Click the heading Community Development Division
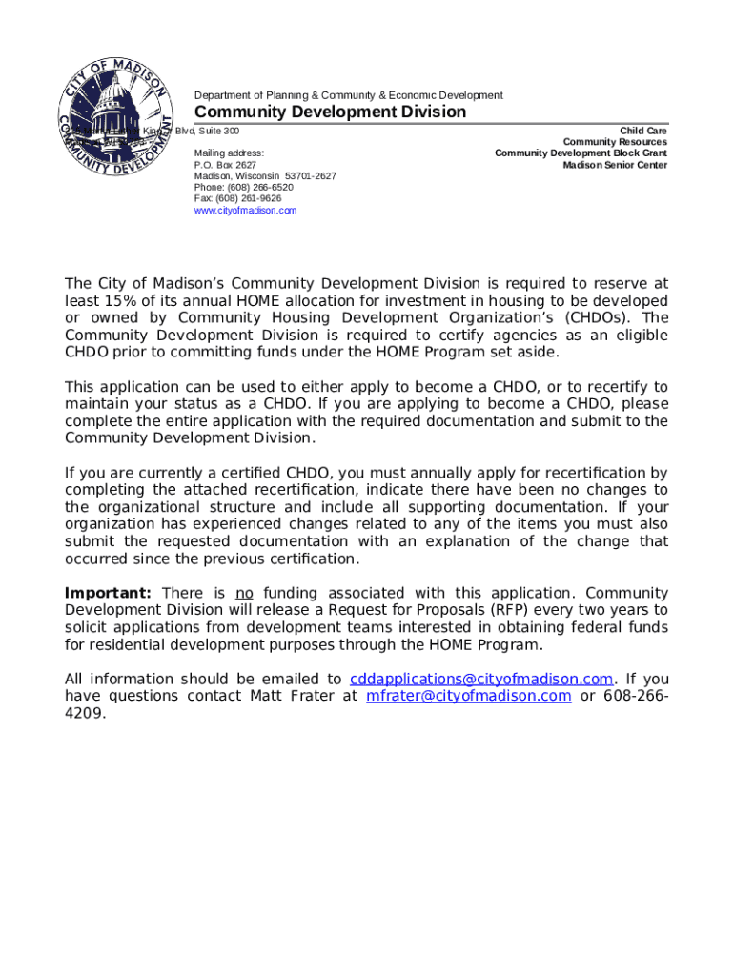(x=331, y=112)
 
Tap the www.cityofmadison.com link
(x=245, y=210)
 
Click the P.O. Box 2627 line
(x=225, y=164)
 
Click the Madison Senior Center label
(x=614, y=165)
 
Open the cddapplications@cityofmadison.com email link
(x=480, y=679)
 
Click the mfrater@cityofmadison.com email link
(x=468, y=696)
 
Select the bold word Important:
(x=108, y=593)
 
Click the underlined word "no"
(x=244, y=593)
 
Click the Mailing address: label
(x=229, y=152)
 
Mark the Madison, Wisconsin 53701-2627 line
(x=265, y=175)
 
